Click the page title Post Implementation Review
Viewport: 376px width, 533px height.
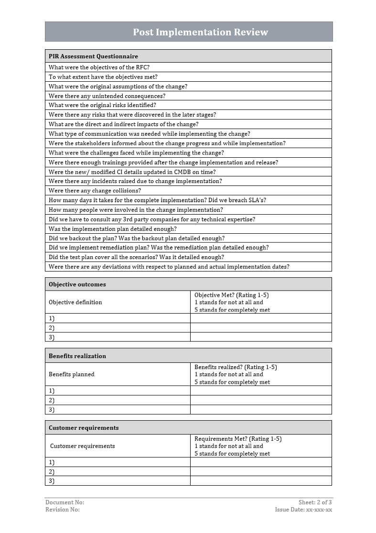tap(200, 32)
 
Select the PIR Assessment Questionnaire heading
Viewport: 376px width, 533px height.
tap(93, 56)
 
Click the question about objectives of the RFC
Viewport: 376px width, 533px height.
tap(99, 67)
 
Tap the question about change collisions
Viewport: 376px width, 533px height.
tap(95, 191)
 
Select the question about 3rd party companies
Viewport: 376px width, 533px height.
tap(151, 219)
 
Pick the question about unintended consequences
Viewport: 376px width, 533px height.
tap(107, 96)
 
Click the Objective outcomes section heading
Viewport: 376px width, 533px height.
tap(77, 284)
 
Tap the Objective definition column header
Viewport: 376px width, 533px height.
tap(75, 302)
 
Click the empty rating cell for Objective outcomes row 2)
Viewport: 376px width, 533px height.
tap(261, 328)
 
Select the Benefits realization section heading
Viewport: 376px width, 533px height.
tap(77, 356)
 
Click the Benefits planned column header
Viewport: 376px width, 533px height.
tap(72, 374)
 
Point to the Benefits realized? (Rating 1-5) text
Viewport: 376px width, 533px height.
tap(236, 367)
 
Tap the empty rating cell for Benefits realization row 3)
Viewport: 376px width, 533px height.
tap(261, 410)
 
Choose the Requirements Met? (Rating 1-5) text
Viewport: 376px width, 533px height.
tap(238, 439)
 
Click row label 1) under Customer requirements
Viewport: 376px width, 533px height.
tap(52, 462)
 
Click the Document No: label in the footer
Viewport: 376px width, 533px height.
tap(64, 502)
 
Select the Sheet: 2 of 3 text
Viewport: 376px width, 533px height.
tap(315, 502)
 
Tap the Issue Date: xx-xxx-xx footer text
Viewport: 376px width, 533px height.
tap(303, 510)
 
